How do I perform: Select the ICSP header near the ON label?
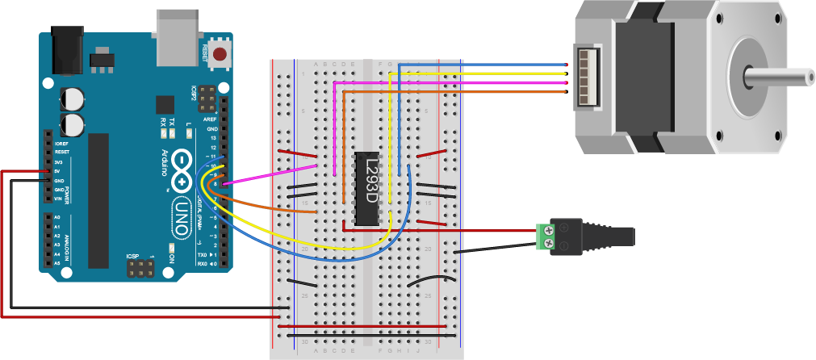[139, 267]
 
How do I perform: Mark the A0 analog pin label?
[56, 218]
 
